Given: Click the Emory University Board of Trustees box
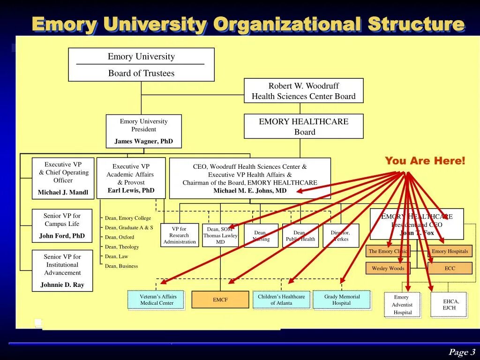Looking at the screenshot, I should tap(141, 65).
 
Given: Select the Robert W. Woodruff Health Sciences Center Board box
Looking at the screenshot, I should tap(303, 91).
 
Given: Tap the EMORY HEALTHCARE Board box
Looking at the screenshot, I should tap(303, 127).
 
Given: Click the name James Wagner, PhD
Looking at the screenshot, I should tap(143, 141).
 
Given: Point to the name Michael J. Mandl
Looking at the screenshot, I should tap(63, 193).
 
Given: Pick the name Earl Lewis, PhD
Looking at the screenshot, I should tap(131, 190).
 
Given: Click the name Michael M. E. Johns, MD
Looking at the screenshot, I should tap(249, 191).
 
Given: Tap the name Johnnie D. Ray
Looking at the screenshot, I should tap(62, 285).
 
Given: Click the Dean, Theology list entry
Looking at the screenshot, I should tap(122, 247).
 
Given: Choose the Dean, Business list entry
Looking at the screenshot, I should tap(121, 266).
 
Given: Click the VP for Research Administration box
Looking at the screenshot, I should tap(180, 235).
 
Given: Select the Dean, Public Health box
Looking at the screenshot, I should tap(300, 236).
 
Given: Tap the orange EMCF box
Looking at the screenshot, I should tap(220, 300).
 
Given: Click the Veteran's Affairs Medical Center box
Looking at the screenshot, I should tap(156, 300).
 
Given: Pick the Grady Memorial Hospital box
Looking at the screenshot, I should tap(342, 300).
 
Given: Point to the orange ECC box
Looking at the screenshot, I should tap(450, 269).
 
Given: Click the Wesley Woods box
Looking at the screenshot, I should tap(388, 269).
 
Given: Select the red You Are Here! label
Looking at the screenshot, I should tap(425, 161).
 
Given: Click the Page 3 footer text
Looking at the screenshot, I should tap(462, 352).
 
